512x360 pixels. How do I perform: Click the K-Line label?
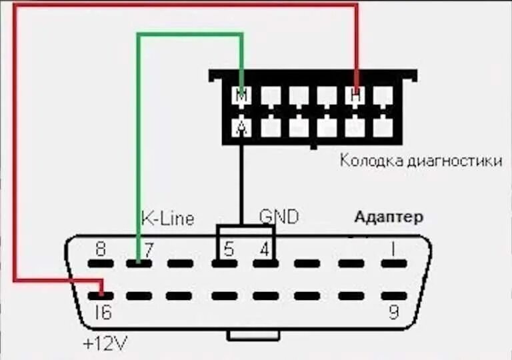(x=167, y=218)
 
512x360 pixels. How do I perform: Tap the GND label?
(x=279, y=216)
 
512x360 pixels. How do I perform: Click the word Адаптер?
(x=389, y=217)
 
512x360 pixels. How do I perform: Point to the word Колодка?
(x=366, y=161)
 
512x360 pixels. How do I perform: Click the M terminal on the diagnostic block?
(x=242, y=97)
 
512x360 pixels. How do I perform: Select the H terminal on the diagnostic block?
(x=355, y=97)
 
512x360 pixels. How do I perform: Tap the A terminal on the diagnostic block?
(x=242, y=126)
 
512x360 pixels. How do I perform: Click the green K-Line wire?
(x=138, y=133)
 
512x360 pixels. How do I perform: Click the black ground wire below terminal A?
(x=241, y=180)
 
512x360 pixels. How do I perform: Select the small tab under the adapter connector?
(x=253, y=335)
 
